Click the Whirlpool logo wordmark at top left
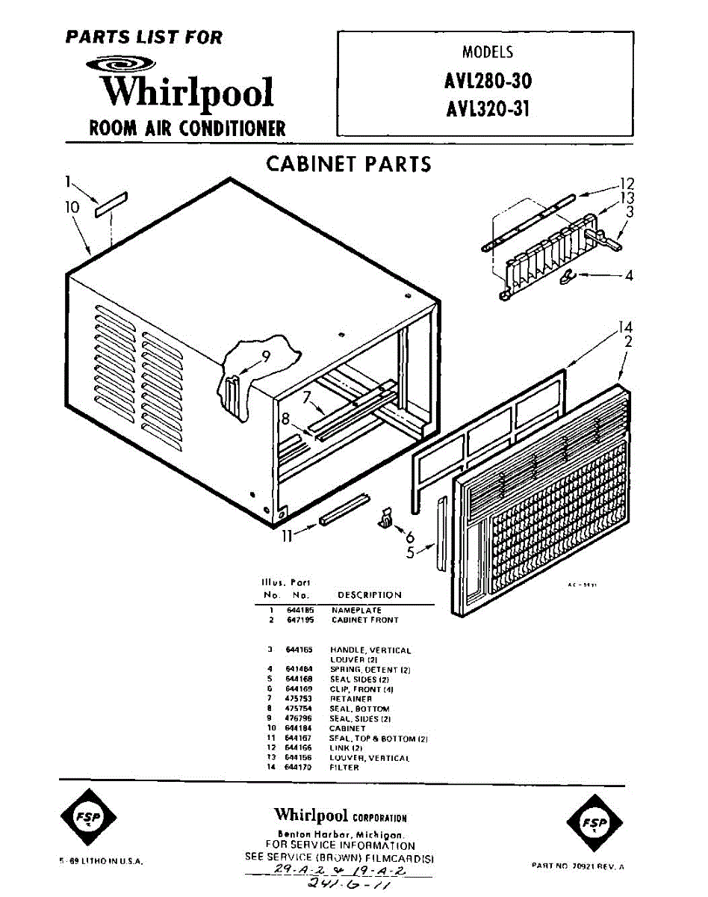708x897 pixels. pos(187,90)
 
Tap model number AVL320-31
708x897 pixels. pos(488,109)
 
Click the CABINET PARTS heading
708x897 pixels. pos(348,164)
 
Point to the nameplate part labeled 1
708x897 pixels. pos(111,204)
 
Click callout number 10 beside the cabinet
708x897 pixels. pos(72,207)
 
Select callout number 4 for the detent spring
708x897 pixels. pos(629,275)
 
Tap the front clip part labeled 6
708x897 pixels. pos(386,517)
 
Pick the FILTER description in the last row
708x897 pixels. pos(344,767)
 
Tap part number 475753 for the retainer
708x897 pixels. pos(299,699)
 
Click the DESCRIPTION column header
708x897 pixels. pos(369,595)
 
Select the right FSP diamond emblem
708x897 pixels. pos(595,824)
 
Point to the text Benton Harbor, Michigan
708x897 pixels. pos(340,834)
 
